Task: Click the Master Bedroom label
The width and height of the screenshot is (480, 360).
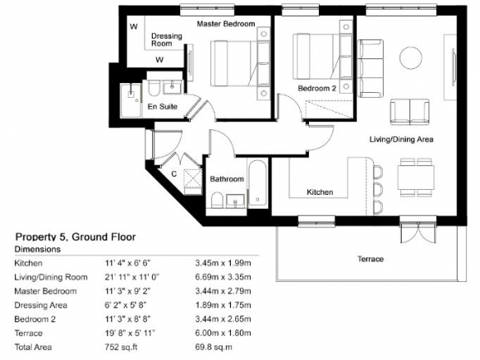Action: pos(226,24)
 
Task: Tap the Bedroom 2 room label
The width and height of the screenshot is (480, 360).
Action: pos(316,89)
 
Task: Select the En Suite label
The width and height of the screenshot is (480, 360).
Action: pos(162,107)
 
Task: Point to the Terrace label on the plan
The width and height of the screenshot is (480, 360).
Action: pos(371,259)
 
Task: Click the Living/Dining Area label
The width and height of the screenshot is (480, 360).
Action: pos(401,140)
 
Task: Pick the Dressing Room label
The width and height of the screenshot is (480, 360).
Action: pos(167,39)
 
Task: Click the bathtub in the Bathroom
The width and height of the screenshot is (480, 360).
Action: pos(257,183)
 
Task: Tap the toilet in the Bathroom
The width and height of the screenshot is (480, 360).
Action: pos(217,201)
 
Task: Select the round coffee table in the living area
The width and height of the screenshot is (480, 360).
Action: pos(410,58)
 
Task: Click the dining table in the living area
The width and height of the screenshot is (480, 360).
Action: pos(416,178)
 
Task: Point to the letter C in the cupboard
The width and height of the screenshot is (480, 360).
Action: pos(174,174)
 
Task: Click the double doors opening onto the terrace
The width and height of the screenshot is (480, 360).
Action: pos(418,231)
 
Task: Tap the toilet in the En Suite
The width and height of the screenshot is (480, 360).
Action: pos(153,88)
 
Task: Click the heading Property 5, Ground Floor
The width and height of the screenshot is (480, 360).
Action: pos(76,237)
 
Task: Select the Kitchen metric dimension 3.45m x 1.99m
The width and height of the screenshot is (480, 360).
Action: pos(224,263)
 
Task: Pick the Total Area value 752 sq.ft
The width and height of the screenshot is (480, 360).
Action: pos(121,347)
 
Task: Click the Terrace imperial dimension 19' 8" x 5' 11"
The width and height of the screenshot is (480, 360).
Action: pos(130,333)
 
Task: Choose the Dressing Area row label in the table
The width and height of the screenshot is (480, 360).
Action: pos(41,305)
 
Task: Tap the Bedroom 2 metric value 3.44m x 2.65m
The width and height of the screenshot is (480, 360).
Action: pos(224,319)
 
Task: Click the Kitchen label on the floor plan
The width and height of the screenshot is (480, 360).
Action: pos(320,192)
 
